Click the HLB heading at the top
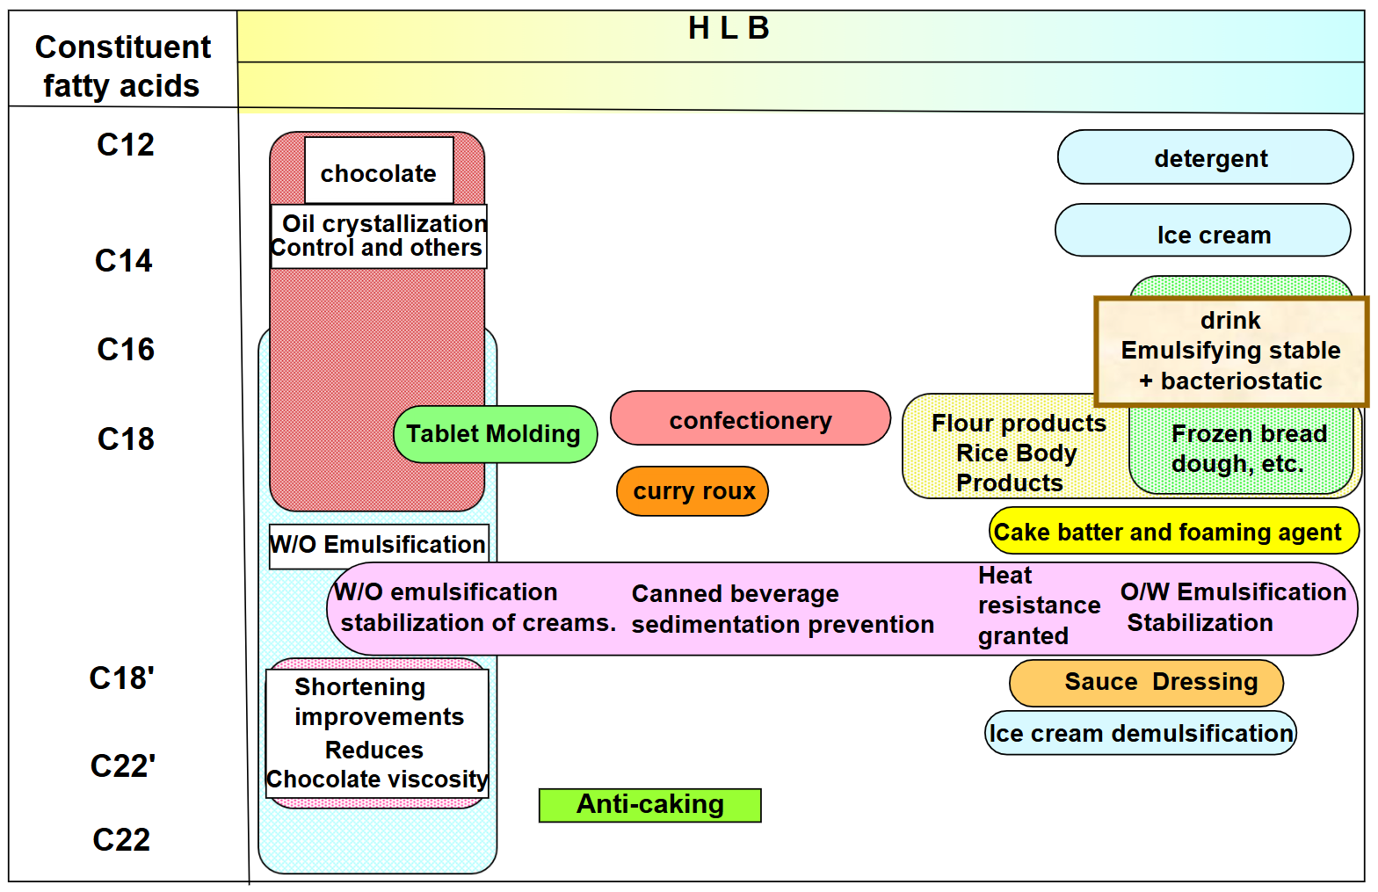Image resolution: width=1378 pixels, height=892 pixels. (729, 29)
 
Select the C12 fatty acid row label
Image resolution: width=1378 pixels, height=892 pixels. (125, 145)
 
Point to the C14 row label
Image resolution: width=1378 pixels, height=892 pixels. (123, 261)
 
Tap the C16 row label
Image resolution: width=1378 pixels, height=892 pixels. (125, 350)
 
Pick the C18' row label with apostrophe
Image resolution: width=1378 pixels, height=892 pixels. (121, 678)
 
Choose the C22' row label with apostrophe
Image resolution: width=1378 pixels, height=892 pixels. (122, 766)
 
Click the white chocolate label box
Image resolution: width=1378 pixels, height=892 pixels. (379, 171)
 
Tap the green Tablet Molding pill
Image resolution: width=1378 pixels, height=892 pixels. (494, 434)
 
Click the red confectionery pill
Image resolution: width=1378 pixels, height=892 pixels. (750, 420)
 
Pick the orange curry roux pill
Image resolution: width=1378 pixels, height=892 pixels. (693, 491)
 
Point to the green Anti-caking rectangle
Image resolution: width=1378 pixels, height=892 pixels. (649, 805)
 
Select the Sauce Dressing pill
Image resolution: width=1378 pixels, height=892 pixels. (1146, 683)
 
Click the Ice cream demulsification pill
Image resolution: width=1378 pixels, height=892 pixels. (1140, 734)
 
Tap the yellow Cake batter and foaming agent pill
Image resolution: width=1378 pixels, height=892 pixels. (1173, 532)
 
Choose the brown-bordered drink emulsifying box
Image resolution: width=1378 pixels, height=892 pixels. (1230, 351)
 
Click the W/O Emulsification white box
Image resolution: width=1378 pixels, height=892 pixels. (378, 546)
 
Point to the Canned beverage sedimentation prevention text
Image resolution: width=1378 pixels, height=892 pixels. (782, 609)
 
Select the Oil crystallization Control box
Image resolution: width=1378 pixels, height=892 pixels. (378, 236)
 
